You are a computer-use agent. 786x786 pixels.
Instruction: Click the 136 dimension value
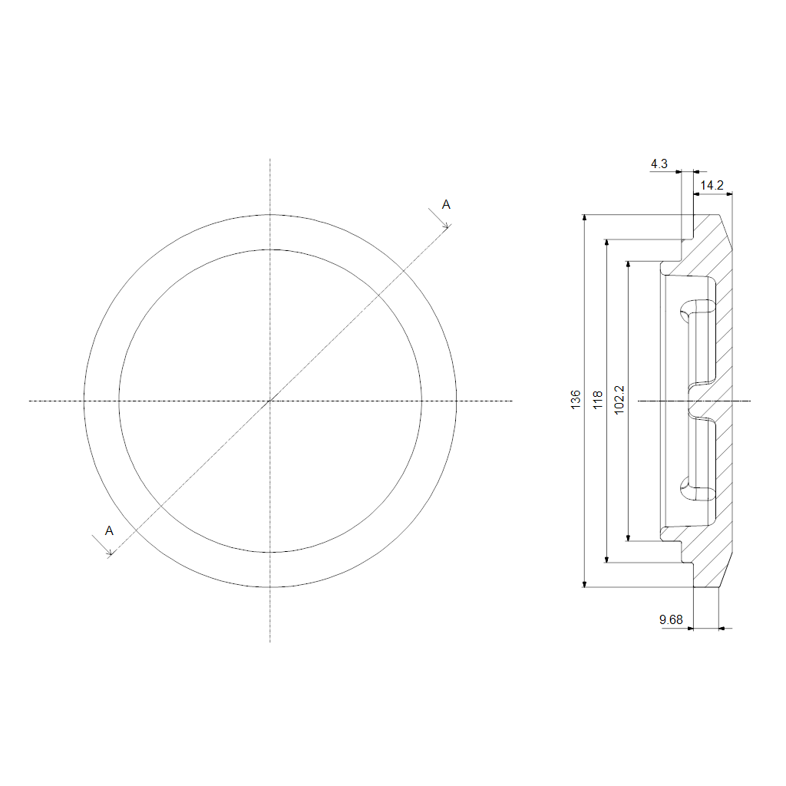(x=576, y=399)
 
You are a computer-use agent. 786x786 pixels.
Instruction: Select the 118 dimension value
(x=597, y=400)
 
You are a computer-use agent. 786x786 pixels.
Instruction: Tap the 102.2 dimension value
(x=619, y=400)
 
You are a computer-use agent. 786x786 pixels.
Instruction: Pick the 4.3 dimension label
(x=659, y=163)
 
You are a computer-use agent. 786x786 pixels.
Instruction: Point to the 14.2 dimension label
(x=712, y=186)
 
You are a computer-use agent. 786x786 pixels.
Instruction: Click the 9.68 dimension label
(x=671, y=619)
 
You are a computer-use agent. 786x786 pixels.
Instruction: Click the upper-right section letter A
(x=446, y=204)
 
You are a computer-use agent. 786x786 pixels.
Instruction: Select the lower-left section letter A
(x=109, y=531)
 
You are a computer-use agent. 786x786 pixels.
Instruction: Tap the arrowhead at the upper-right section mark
(x=446, y=226)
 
